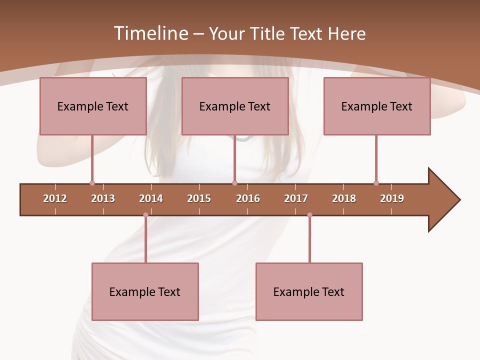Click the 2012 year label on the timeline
[55, 198]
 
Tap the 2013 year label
[103, 198]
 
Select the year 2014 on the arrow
[151, 198]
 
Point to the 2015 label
[199, 198]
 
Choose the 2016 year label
[248, 198]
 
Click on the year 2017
[296, 198]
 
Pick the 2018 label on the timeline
[344, 198]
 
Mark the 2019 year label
[392, 198]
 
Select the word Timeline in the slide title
[150, 33]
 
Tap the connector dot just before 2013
[92, 183]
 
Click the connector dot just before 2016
[234, 183]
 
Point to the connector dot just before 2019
[376, 183]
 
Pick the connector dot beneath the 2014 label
[145, 215]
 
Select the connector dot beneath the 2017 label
[309, 215]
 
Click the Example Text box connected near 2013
[93, 106]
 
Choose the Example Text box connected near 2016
[235, 106]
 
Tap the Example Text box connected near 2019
[377, 106]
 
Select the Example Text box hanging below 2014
[145, 291]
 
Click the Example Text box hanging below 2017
[309, 291]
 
